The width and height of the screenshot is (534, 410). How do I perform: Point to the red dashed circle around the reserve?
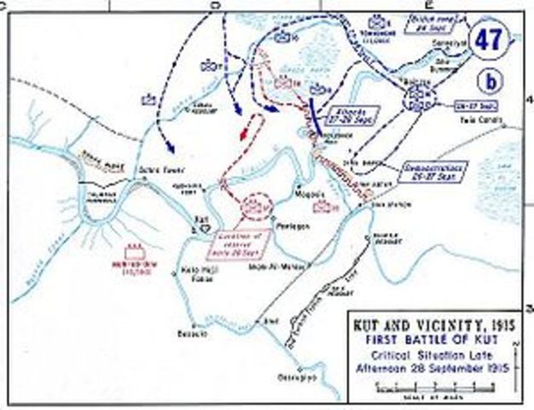(x=255, y=207)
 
